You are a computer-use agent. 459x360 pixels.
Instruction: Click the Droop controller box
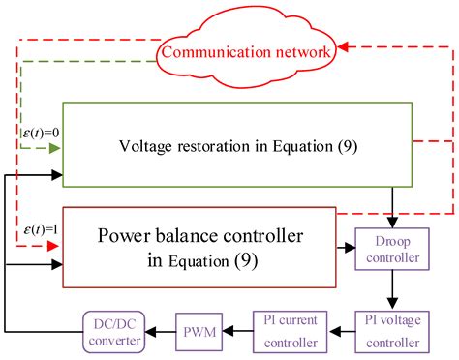(x=393, y=248)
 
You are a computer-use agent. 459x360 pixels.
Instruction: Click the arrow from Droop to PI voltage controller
(x=393, y=287)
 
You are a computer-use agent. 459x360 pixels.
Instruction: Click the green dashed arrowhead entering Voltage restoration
(x=55, y=148)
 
